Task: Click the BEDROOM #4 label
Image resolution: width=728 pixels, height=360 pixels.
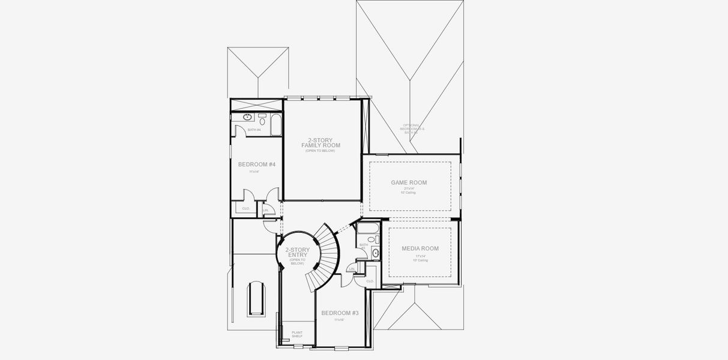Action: click(x=256, y=164)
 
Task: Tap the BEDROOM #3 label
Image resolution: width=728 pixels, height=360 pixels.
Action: click(x=340, y=313)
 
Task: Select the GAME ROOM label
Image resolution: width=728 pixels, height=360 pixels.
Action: click(x=409, y=182)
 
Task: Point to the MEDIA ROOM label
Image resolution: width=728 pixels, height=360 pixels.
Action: click(x=420, y=248)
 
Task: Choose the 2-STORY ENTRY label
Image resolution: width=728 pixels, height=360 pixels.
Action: click(x=297, y=252)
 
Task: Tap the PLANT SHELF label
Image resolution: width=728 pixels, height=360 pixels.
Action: click(x=297, y=334)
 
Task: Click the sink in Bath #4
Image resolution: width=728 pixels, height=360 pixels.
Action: click(x=247, y=117)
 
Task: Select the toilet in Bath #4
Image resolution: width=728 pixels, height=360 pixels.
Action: click(x=262, y=121)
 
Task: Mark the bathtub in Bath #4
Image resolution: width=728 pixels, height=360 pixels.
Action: click(x=276, y=125)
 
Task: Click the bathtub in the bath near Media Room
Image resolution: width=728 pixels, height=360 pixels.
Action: click(x=366, y=229)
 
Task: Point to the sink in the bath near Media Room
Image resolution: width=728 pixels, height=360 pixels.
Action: click(x=376, y=253)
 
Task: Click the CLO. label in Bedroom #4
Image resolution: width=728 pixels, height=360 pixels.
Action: click(x=245, y=208)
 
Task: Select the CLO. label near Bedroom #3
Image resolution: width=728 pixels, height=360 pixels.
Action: click(x=369, y=281)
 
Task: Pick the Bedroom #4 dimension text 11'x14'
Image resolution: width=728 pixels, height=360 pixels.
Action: click(x=254, y=172)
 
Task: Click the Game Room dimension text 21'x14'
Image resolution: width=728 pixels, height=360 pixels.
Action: click(x=408, y=188)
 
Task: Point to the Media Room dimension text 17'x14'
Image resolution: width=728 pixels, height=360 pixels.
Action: click(x=420, y=256)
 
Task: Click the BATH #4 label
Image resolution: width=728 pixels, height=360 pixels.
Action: click(x=254, y=130)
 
